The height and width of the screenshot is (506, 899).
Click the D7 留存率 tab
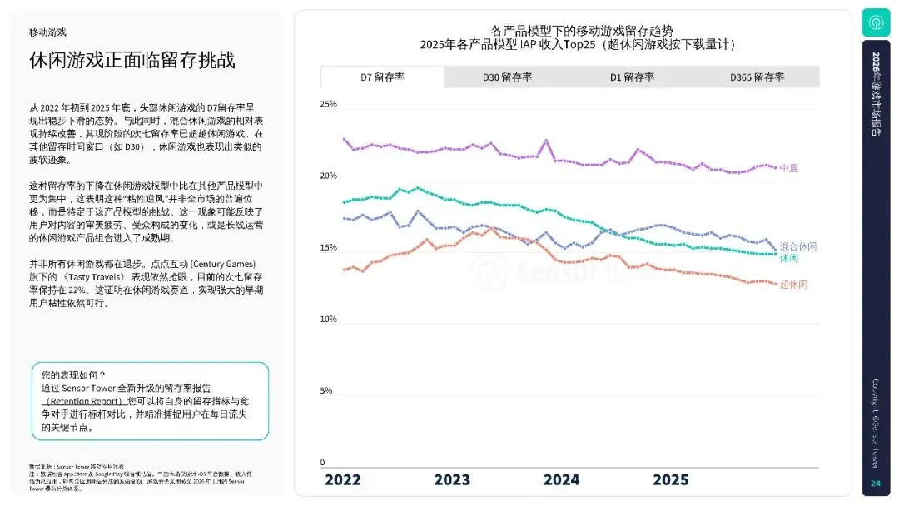382,77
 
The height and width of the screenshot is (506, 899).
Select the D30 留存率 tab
507,77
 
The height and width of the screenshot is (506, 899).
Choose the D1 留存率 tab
632,77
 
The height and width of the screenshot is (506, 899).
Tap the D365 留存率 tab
757,77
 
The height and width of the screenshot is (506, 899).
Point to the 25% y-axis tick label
328,105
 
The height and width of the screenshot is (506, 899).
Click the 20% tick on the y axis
328,176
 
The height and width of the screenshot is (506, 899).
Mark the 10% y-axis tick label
328,320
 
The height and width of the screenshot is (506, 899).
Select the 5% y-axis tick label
326,391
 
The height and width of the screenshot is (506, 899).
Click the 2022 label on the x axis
343,480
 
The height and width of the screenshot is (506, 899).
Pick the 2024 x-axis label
561,480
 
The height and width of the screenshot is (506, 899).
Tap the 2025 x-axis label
670,480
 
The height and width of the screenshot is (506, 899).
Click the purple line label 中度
789,168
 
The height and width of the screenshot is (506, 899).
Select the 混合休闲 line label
797,247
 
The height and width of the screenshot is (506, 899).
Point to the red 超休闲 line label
793,285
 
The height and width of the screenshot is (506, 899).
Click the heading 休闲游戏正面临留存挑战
132,61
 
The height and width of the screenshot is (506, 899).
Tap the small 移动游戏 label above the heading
47,32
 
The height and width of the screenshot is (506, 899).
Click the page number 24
875,484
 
